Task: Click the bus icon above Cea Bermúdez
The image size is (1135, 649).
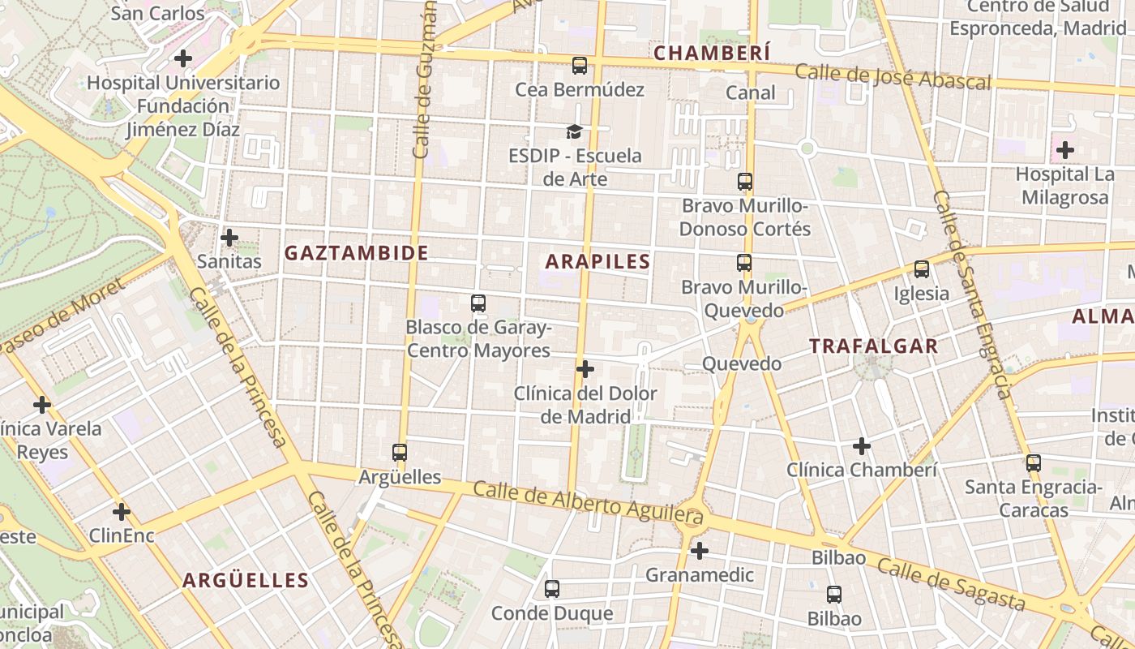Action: tap(579, 66)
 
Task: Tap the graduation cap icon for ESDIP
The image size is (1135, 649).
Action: tap(574, 131)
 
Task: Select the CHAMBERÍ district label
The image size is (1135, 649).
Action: tap(712, 54)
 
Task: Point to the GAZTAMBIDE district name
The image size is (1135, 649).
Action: tap(356, 253)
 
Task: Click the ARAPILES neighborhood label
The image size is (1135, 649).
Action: tap(597, 261)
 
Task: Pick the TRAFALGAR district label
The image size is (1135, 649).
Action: tap(873, 346)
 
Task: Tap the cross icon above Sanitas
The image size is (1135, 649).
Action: tap(229, 238)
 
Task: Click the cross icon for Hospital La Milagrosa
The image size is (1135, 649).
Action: tap(1064, 150)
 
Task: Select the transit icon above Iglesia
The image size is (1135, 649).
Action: tap(921, 269)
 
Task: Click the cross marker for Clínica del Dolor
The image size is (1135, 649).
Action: tap(585, 370)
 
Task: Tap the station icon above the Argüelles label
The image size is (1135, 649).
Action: tap(399, 453)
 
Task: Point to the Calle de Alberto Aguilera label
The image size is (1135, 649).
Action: tap(587, 501)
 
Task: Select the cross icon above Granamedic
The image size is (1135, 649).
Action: tap(699, 552)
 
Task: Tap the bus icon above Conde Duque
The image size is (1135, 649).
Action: tap(552, 589)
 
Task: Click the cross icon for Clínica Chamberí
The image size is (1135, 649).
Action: tap(861, 446)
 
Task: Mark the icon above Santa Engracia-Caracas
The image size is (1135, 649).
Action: tap(1033, 463)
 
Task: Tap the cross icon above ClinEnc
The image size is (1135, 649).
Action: tap(121, 512)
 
